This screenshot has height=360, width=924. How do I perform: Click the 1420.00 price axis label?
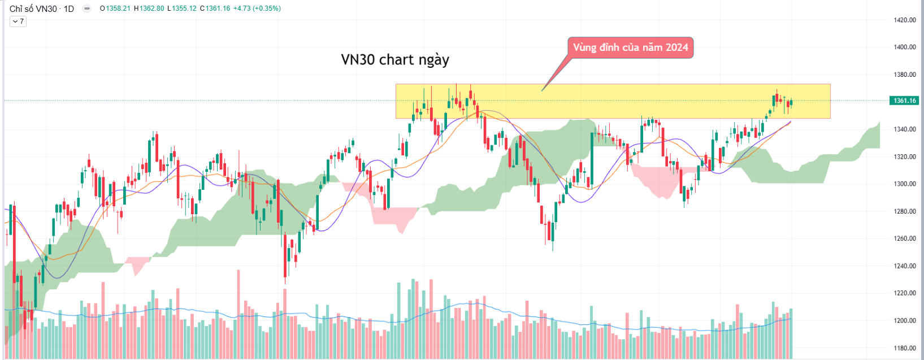pyautogui.click(x=904, y=20)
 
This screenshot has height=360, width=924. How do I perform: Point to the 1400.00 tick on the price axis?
pyautogui.click(x=904, y=47)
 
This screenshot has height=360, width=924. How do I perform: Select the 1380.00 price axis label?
pyautogui.click(x=904, y=75)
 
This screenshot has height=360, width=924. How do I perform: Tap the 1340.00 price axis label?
pyautogui.click(x=904, y=129)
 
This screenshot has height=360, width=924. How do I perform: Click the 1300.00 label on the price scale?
pyautogui.click(x=904, y=184)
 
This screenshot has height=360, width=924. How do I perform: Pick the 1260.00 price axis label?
pyautogui.click(x=904, y=238)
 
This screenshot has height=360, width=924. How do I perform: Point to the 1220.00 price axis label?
pyautogui.click(x=904, y=293)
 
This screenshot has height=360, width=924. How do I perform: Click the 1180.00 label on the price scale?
pyautogui.click(x=904, y=348)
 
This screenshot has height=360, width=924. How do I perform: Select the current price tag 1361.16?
pyautogui.click(x=904, y=101)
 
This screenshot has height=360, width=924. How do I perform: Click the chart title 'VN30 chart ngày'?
pyautogui.click(x=395, y=60)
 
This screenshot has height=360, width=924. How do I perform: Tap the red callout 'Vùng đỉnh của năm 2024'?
pyautogui.click(x=630, y=47)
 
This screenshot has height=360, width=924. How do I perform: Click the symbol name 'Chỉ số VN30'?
pyautogui.click(x=33, y=8)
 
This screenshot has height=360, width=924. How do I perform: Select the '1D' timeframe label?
pyautogui.click(x=68, y=8)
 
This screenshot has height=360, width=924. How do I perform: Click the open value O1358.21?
pyautogui.click(x=115, y=8)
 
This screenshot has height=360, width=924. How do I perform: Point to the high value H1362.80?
pyautogui.click(x=149, y=8)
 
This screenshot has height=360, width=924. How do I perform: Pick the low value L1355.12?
pyautogui.click(x=182, y=8)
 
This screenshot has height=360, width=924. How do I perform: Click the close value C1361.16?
pyautogui.click(x=215, y=8)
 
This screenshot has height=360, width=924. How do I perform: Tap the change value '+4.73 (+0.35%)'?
pyautogui.click(x=257, y=8)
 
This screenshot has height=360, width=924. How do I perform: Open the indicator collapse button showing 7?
pyautogui.click(x=18, y=21)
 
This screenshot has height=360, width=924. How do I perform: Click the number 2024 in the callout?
pyautogui.click(x=676, y=47)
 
